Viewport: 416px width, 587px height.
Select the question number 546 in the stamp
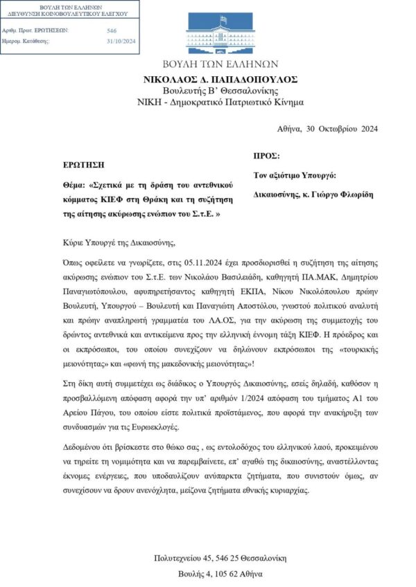[112, 30]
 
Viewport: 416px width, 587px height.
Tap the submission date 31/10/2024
[121, 42]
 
